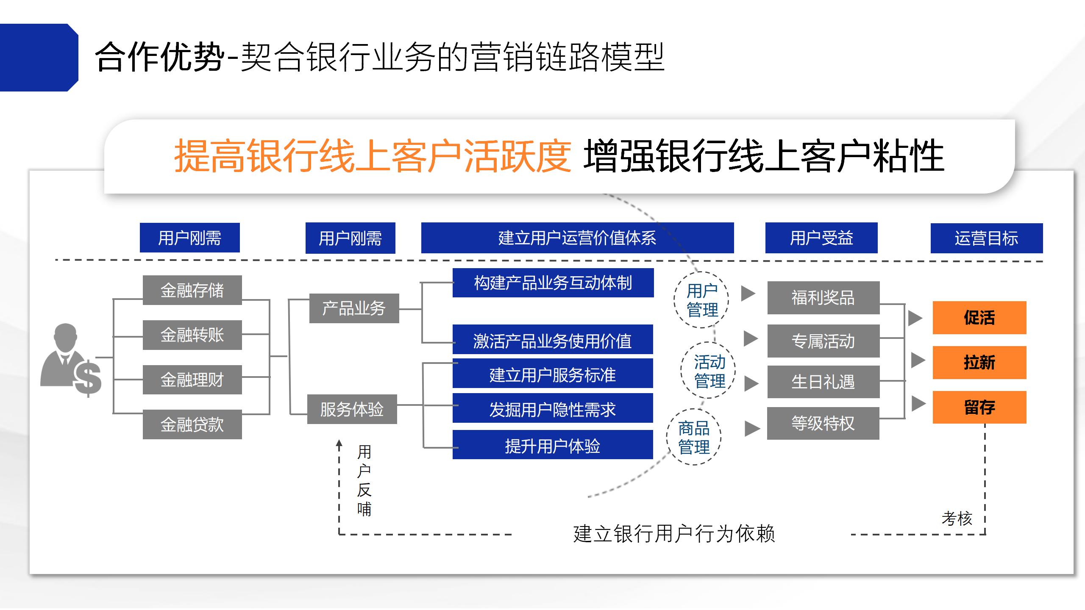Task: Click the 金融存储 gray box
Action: (x=192, y=290)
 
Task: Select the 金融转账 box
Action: (x=192, y=335)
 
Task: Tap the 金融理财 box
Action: (x=192, y=380)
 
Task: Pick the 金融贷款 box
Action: (x=192, y=424)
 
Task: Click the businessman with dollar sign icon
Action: (x=71, y=360)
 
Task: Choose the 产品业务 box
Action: (x=354, y=308)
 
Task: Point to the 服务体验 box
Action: (x=352, y=409)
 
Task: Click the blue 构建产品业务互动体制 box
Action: (x=553, y=283)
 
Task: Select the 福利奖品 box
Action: (x=823, y=298)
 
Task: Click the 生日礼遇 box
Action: (x=823, y=382)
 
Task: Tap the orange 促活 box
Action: (x=979, y=318)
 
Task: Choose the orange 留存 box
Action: (x=979, y=407)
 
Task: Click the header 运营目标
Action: (x=987, y=238)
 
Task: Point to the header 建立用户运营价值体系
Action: (x=577, y=238)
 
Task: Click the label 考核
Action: (x=957, y=518)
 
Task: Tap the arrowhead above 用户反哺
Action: (x=339, y=444)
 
